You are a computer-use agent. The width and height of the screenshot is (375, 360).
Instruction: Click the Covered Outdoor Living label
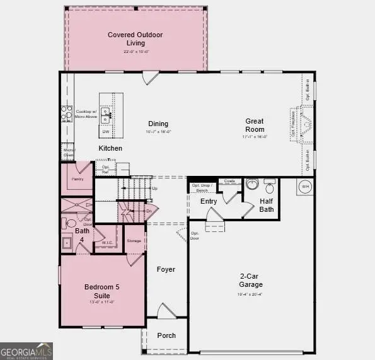point(135,38)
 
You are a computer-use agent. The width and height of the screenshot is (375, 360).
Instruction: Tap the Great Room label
point(255,125)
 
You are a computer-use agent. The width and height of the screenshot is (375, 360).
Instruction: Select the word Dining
point(158,124)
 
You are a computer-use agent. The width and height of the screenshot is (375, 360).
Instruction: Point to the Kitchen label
point(110,148)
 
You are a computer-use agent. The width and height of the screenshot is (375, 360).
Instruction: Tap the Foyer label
point(166,269)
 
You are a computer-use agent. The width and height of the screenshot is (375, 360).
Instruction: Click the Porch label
point(166,335)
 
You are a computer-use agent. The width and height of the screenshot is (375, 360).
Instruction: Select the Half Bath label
point(267,205)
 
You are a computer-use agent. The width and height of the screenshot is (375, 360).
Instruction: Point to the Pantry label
point(78,179)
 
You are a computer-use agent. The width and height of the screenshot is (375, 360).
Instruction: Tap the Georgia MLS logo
point(26,351)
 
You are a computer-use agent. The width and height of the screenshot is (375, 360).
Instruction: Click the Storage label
point(134,240)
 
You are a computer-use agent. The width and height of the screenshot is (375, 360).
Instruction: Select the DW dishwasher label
point(107,132)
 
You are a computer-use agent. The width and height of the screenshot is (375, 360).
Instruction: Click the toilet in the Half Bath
point(270,187)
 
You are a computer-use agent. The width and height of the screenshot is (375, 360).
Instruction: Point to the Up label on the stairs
point(155,189)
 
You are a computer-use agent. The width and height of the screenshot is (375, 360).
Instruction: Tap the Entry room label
point(209,201)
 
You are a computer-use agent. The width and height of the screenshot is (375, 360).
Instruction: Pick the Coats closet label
point(230,181)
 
